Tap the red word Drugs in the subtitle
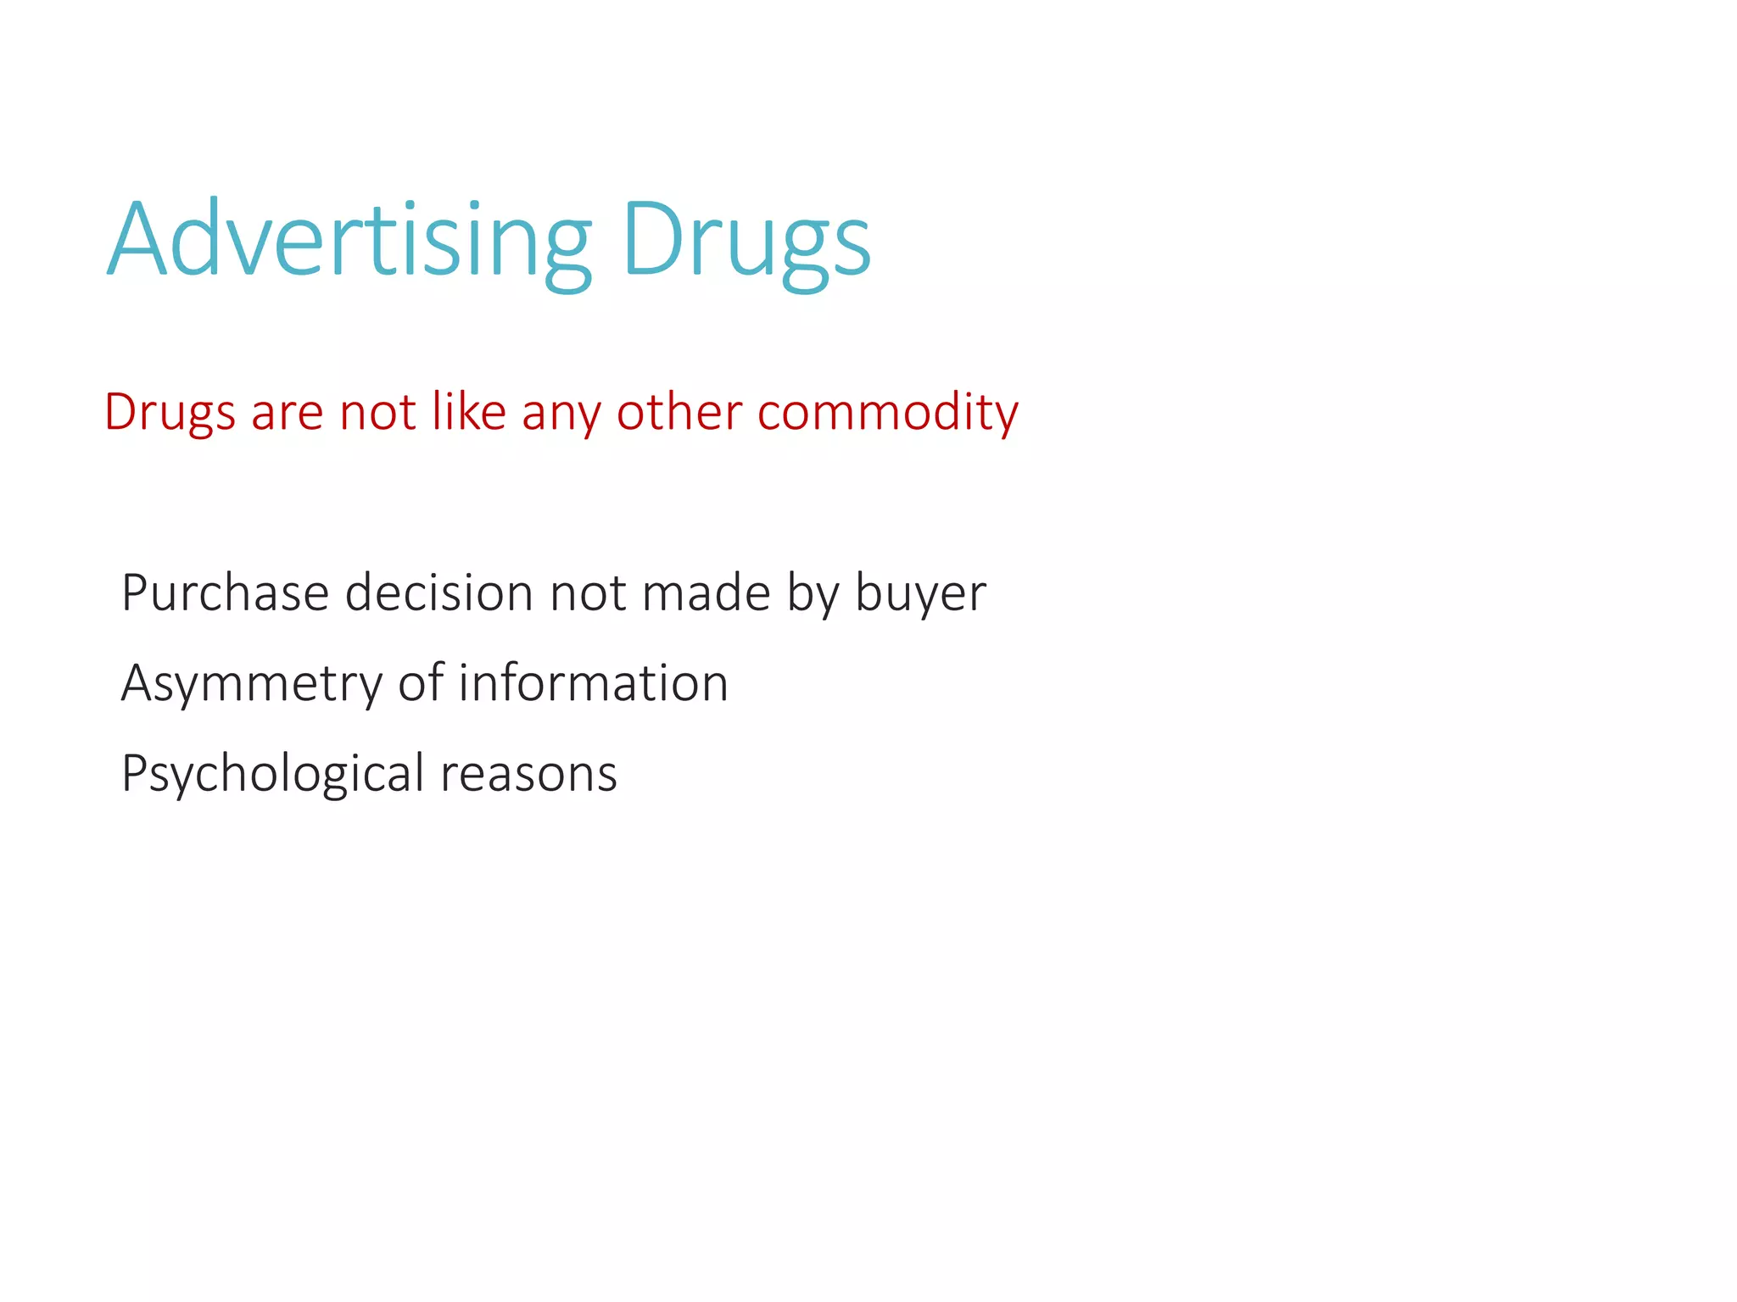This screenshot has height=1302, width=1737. (169, 413)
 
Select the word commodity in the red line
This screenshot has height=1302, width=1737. (887, 413)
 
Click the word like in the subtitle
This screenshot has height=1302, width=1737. (469, 413)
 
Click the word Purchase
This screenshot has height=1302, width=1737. (225, 593)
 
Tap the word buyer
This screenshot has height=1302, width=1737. (920, 594)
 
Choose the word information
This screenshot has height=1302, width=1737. (593, 683)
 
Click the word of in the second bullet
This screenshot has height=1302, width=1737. (421, 683)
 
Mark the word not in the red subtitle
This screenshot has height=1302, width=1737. (377, 413)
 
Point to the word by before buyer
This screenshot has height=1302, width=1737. (813, 594)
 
